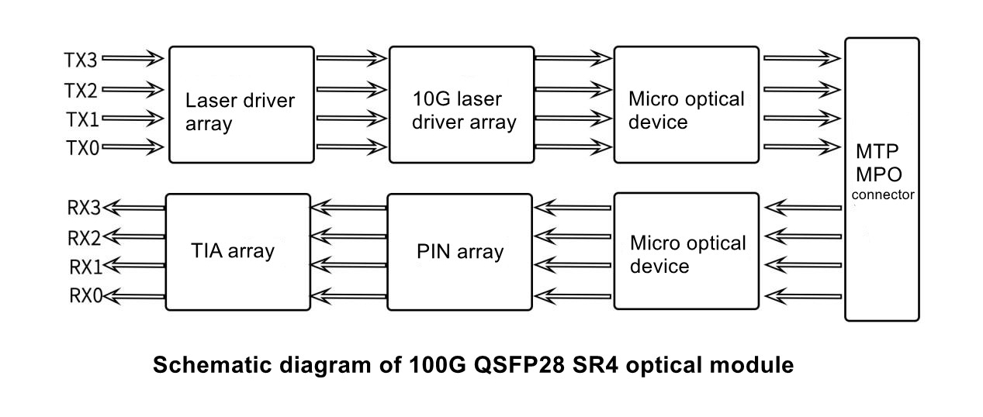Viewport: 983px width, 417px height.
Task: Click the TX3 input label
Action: [x=81, y=58]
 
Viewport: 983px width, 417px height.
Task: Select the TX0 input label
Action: [x=81, y=146]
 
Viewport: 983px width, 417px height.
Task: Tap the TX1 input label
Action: [x=81, y=118]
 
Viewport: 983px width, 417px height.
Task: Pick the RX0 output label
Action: [x=85, y=295]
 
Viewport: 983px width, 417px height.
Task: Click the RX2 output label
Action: [x=85, y=236]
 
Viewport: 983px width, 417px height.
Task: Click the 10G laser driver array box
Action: [x=461, y=104]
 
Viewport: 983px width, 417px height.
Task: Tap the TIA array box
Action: [x=233, y=252]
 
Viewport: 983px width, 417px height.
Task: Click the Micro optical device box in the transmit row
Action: [x=686, y=104]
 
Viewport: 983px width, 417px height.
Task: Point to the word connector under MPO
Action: [x=882, y=195]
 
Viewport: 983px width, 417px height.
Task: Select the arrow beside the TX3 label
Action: [x=132, y=58]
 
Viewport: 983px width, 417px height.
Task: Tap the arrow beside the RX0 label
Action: [x=137, y=295]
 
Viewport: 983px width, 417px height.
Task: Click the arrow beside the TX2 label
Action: [x=132, y=88]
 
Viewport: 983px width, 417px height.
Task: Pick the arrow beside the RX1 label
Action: [x=137, y=266]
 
